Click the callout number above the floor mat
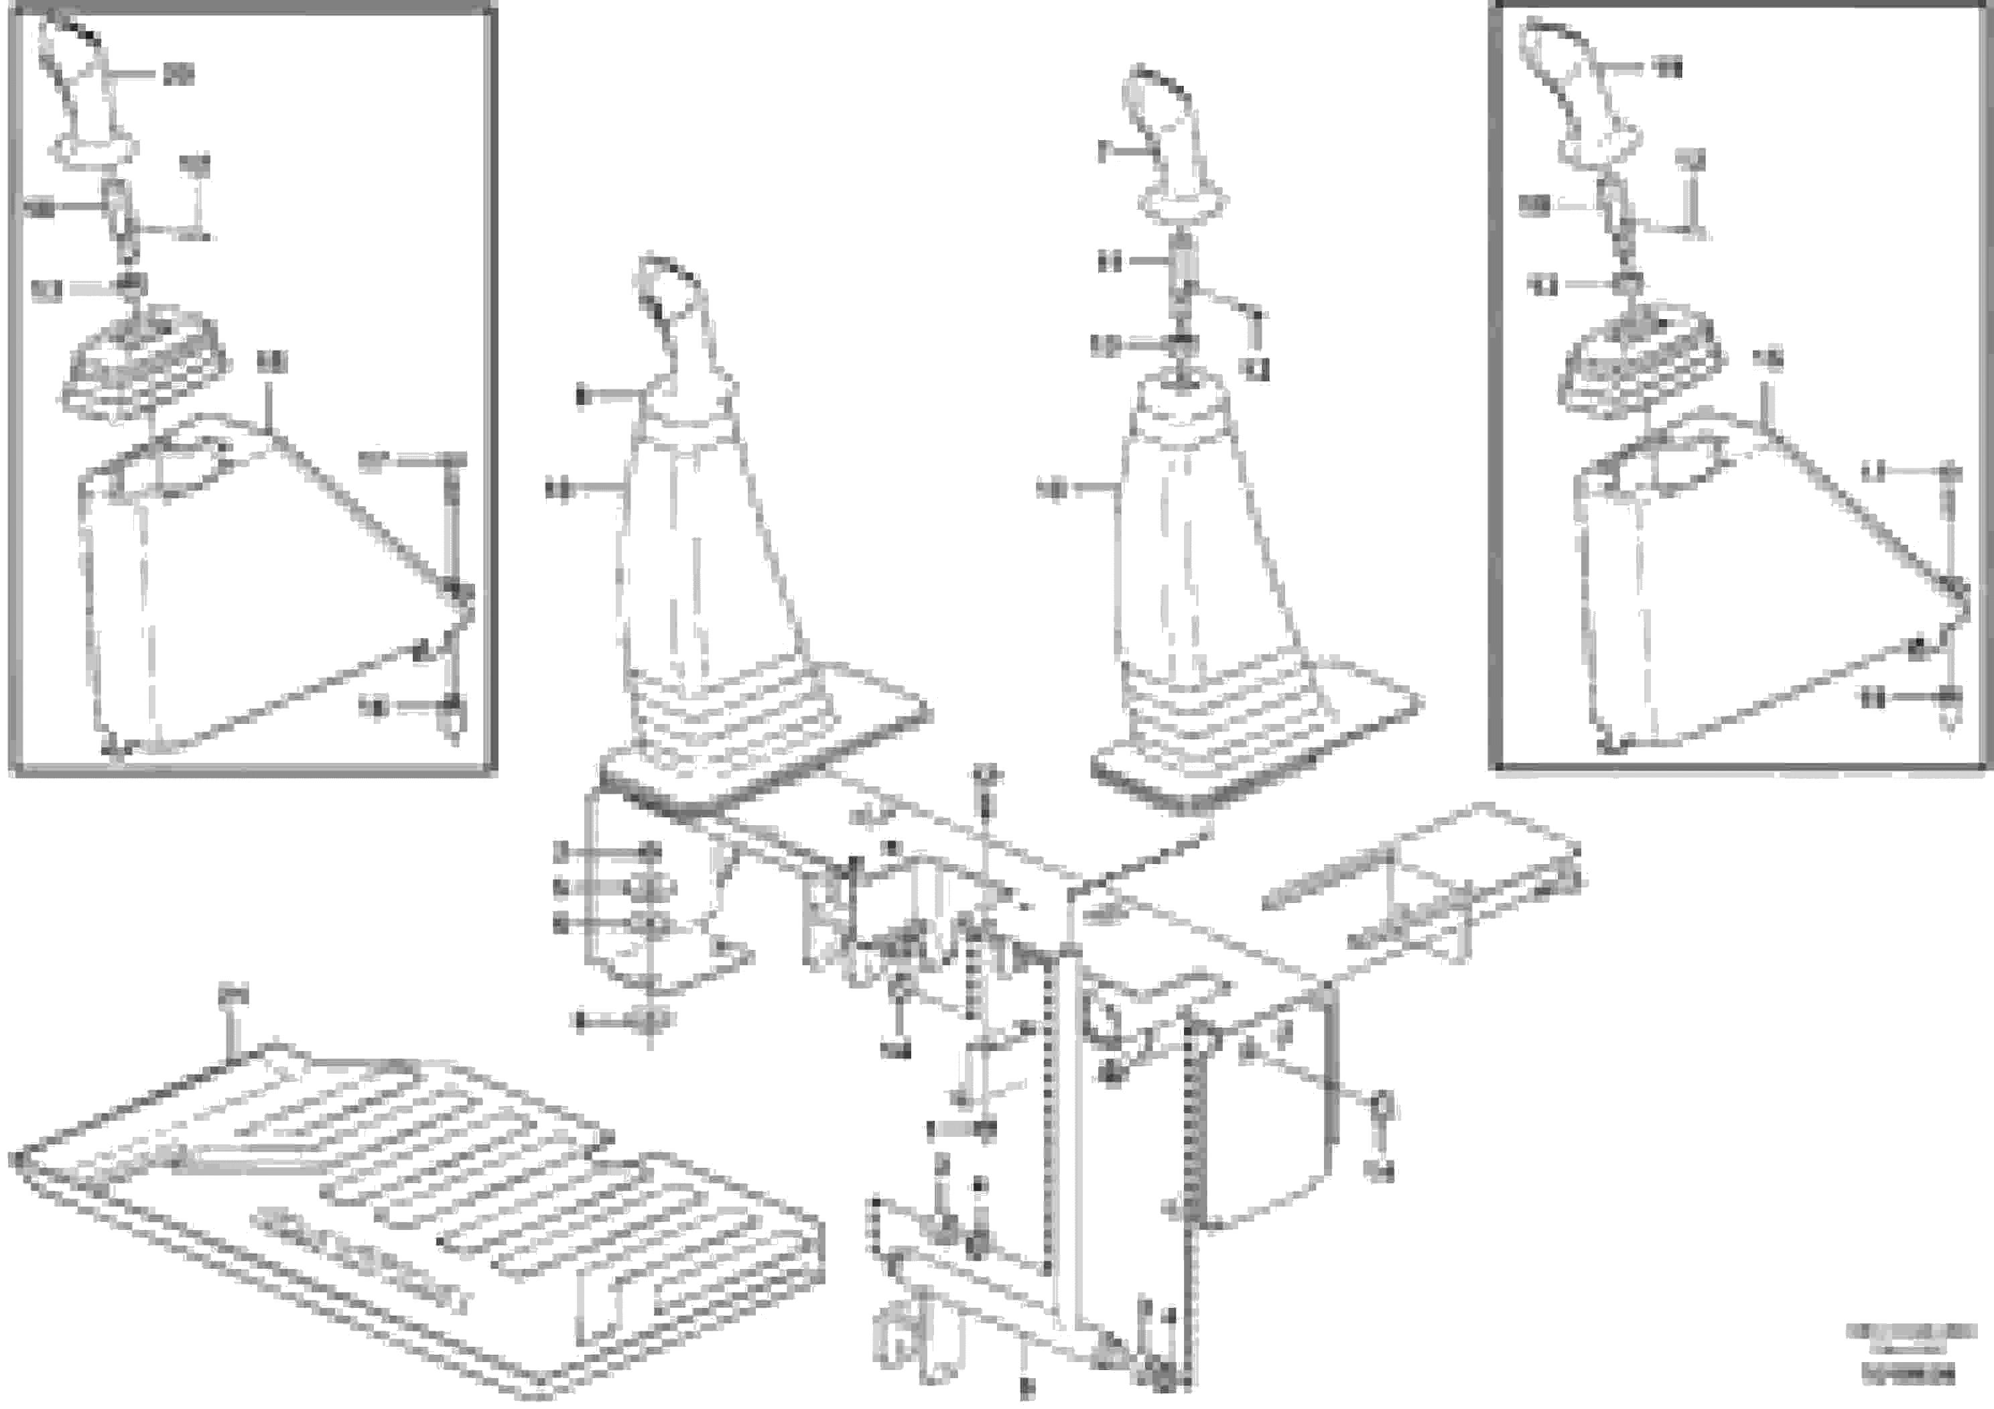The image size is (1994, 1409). [232, 993]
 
